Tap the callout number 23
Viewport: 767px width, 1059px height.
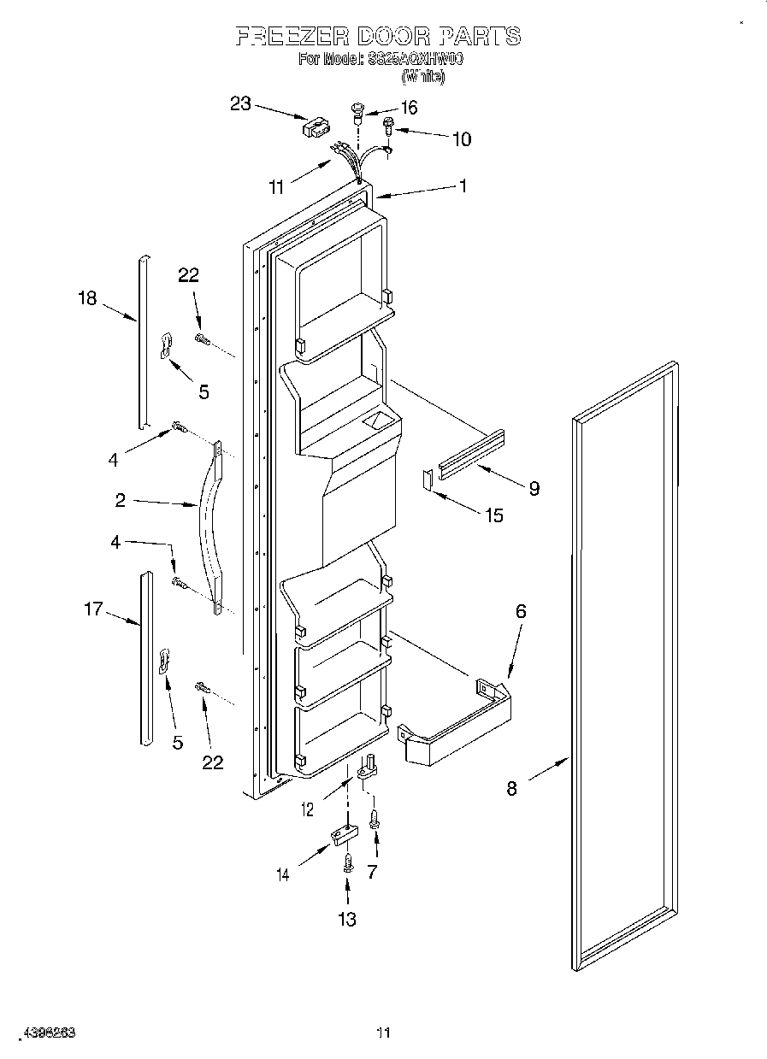coord(241,103)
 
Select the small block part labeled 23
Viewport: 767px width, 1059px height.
coord(314,127)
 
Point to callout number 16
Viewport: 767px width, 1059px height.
coord(409,107)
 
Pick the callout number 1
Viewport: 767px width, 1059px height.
coord(463,185)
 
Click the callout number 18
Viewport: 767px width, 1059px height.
coord(87,297)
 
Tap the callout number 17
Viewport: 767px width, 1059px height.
coord(93,609)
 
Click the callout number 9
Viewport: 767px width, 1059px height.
coord(534,488)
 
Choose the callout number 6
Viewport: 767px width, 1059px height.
coord(520,611)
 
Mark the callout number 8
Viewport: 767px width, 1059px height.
coord(511,789)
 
